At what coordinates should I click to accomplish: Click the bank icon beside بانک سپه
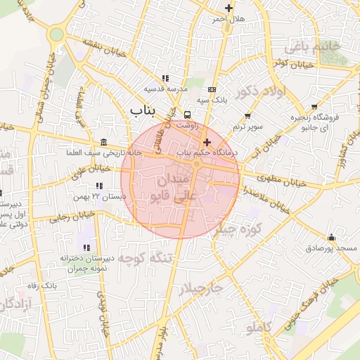[x=212, y=89]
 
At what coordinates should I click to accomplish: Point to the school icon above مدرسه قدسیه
[x=165, y=79]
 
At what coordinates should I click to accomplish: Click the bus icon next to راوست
[x=187, y=115]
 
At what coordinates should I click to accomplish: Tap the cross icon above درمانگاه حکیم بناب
[x=206, y=142]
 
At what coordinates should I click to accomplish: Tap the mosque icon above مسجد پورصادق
[x=331, y=237]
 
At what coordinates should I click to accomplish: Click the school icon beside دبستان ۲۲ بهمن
[x=99, y=186]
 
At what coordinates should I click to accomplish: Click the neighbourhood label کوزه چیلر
[x=238, y=229]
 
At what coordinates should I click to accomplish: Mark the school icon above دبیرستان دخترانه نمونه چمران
[x=86, y=247]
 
